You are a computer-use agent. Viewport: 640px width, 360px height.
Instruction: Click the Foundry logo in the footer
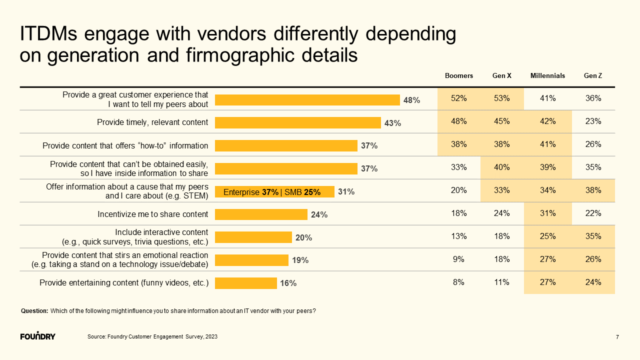[x=38, y=335]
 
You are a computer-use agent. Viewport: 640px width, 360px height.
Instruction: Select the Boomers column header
[x=458, y=76]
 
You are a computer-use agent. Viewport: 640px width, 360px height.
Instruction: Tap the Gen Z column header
[x=593, y=76]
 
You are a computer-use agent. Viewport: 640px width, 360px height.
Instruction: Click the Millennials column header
[x=547, y=76]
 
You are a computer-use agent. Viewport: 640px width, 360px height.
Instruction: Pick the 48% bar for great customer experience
[x=307, y=99]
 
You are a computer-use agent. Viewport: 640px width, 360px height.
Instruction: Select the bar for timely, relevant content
[x=298, y=122]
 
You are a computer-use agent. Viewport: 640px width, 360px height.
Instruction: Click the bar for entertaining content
[x=246, y=283]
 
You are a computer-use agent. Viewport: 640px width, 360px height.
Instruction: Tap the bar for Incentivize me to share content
[x=261, y=214]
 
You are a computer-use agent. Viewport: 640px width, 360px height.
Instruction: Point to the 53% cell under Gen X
[x=501, y=98]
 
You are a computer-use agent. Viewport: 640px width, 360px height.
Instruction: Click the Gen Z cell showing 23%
[x=593, y=121]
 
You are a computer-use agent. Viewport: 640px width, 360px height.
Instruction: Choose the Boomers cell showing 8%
[x=458, y=282]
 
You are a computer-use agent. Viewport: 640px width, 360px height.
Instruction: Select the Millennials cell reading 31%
[x=547, y=213]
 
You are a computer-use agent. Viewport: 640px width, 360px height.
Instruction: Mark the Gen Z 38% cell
[x=593, y=190]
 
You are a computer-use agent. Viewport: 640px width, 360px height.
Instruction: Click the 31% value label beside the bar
[x=346, y=191]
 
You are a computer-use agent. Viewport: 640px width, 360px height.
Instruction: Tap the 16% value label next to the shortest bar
[x=288, y=283]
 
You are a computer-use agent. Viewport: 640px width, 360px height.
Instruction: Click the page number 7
[x=617, y=337]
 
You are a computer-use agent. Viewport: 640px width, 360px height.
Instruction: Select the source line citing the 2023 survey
[x=152, y=336]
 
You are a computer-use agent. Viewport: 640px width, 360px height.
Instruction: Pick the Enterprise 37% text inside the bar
[x=250, y=192]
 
